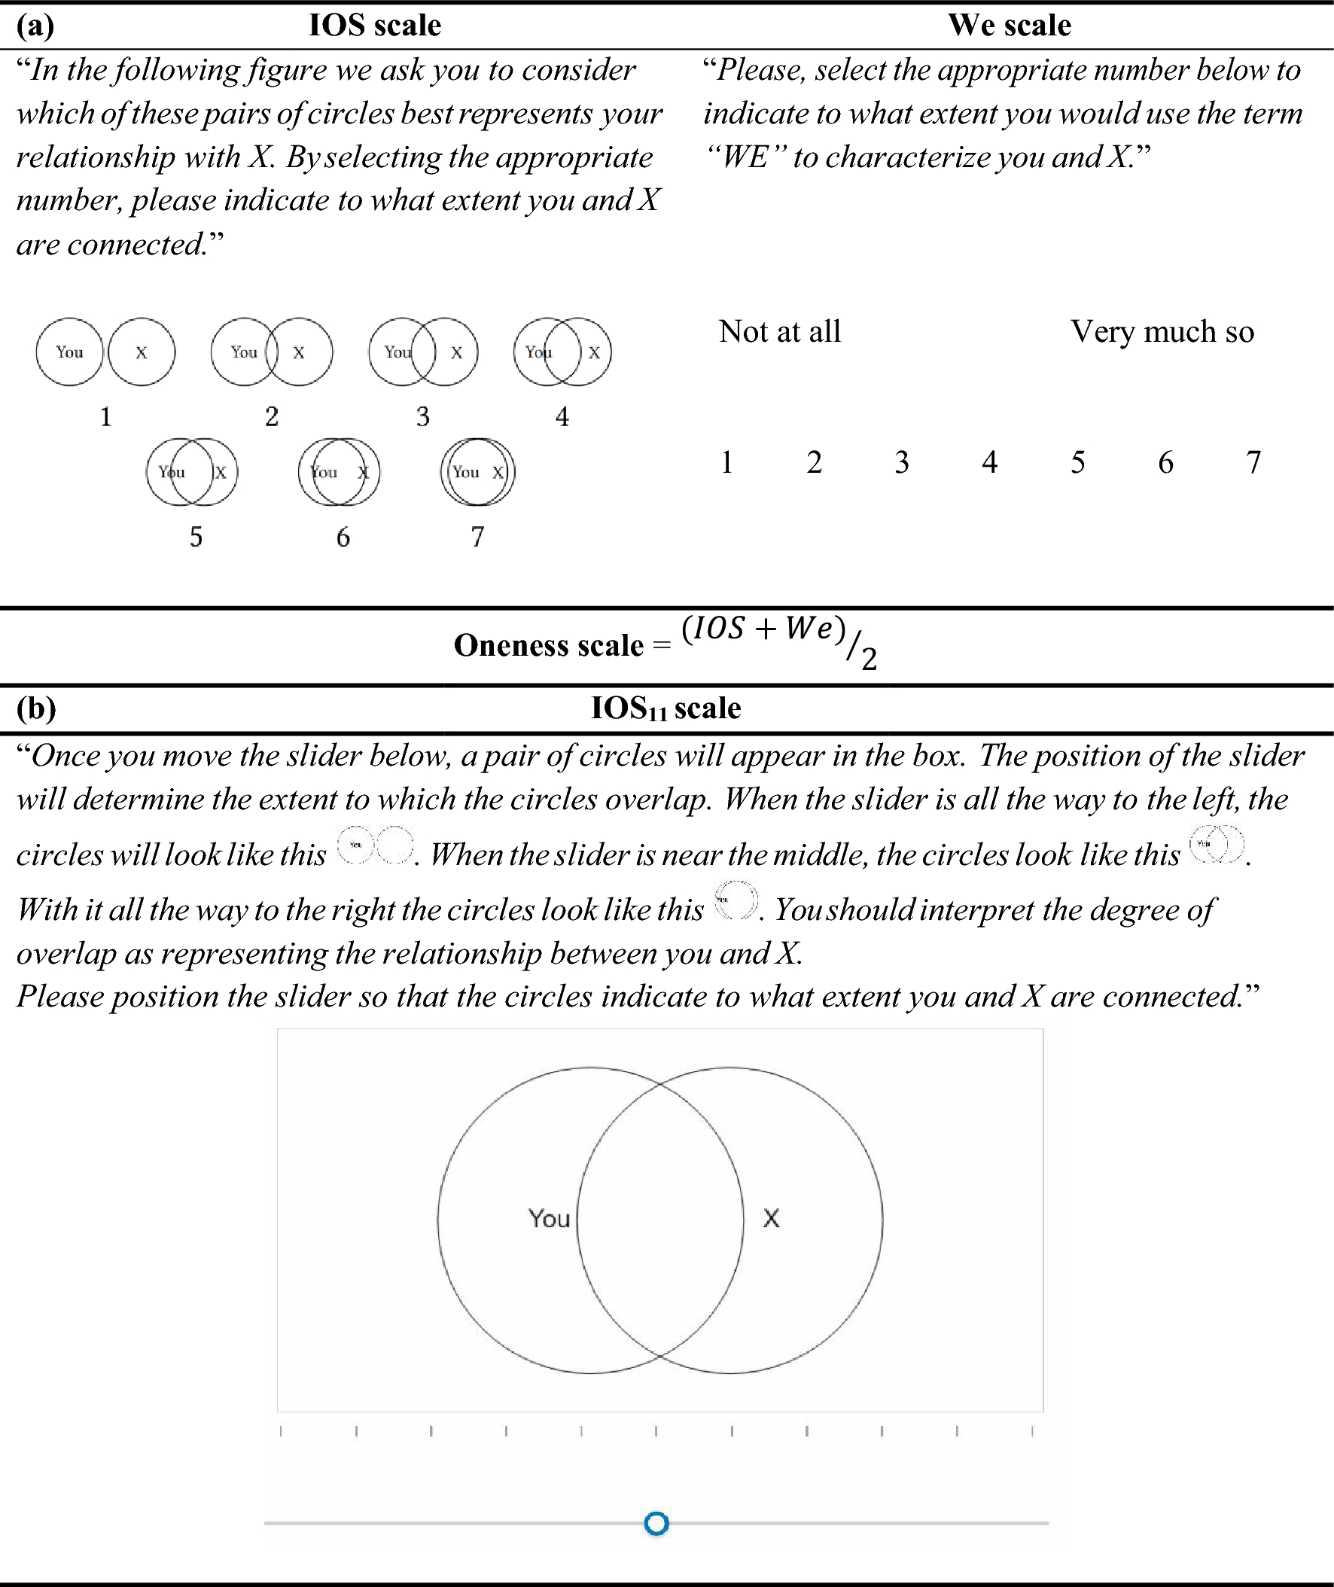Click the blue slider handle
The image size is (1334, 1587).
click(x=656, y=1524)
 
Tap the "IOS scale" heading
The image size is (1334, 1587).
click(x=374, y=26)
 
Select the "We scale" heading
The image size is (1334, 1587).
click(x=1010, y=26)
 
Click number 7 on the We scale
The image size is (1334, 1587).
click(x=1253, y=462)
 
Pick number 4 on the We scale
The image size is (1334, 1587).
click(x=989, y=462)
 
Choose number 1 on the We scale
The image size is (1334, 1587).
click(x=726, y=462)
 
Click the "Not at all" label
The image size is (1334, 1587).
click(x=780, y=331)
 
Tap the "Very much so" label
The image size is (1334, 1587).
click(x=1162, y=331)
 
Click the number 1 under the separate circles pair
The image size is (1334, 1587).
click(x=106, y=416)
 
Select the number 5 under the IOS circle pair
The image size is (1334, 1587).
click(x=196, y=537)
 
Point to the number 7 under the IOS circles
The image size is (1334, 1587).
click(x=477, y=537)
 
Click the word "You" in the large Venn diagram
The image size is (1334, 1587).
click(x=549, y=1219)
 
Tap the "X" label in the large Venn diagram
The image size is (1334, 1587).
click(x=771, y=1219)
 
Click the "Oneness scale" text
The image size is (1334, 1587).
click(x=548, y=646)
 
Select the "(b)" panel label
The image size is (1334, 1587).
click(x=36, y=708)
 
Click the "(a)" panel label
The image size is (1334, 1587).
click(x=35, y=26)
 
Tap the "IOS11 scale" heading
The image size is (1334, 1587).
click(x=665, y=708)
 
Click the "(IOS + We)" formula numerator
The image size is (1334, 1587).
click(x=763, y=629)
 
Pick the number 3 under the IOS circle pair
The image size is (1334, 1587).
click(x=423, y=416)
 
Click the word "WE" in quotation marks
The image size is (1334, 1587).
click(x=745, y=157)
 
